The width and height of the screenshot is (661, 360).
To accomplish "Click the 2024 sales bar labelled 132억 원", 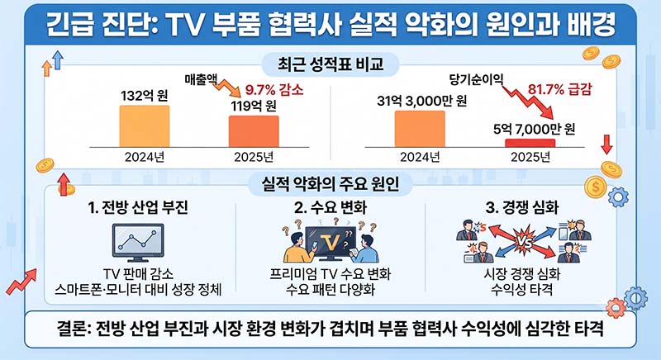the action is coord(145,126).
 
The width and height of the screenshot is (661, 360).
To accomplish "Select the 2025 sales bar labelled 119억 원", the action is coord(254,131).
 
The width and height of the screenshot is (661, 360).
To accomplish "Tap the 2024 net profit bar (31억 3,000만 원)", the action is coord(420,129).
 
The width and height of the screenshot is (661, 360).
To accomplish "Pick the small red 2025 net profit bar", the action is coord(530,143).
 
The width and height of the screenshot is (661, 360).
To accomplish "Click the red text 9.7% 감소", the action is coord(274,90).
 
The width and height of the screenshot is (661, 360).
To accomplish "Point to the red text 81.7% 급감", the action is coord(560,89).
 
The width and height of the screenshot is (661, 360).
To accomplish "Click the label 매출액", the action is coord(201,79).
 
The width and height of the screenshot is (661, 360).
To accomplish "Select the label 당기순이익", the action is coord(477,79).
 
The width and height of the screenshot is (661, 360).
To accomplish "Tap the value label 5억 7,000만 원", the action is coord(534,129).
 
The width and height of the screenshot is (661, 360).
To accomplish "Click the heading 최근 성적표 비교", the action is coord(330,64).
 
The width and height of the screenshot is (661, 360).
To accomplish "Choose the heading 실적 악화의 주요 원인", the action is coord(330,184).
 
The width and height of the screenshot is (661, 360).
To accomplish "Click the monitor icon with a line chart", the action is coord(138,243).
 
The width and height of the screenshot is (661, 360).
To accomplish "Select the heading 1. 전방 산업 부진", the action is coord(138,207).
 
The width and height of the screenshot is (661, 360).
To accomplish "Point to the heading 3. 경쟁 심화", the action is coord(522,207).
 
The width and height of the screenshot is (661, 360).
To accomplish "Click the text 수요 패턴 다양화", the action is coord(330,290).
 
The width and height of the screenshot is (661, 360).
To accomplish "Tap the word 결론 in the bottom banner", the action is coord(73,329).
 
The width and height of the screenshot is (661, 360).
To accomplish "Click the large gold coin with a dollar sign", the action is coord(595,187).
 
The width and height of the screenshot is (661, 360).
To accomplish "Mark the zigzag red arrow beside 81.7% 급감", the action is coord(530,98).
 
